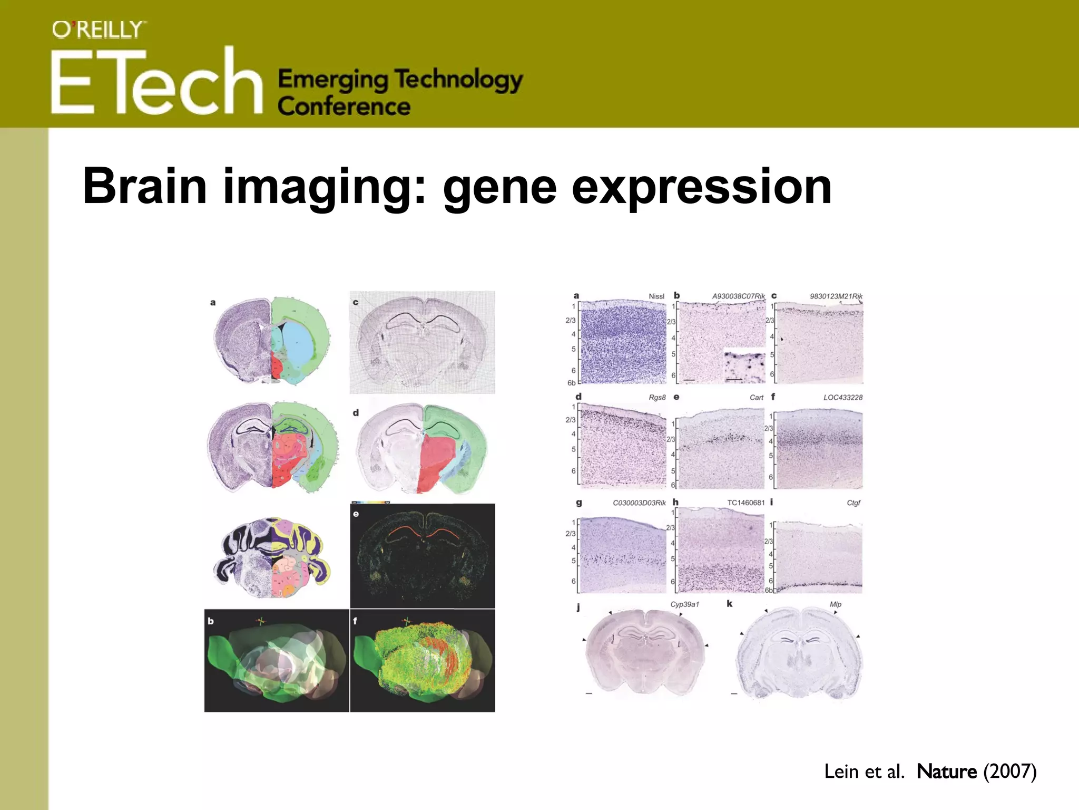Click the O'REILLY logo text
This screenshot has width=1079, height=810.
[x=98, y=30]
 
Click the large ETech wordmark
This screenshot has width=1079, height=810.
[x=157, y=82]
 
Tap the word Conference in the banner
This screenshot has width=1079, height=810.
[x=344, y=107]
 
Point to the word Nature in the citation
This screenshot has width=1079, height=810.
[x=946, y=772]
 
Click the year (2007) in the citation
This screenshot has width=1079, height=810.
[x=1009, y=772]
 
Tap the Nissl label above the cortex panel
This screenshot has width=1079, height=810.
[x=656, y=296]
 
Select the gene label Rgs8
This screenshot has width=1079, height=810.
[x=657, y=398]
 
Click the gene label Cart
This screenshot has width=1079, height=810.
[x=756, y=398]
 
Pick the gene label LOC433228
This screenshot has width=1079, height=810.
[x=843, y=398]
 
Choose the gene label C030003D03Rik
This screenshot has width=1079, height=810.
[x=639, y=503]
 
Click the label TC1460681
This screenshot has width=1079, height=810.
[x=746, y=503]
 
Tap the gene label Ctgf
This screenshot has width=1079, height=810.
[x=854, y=503]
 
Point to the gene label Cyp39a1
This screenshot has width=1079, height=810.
[x=684, y=604]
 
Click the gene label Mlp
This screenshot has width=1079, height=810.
[x=835, y=604]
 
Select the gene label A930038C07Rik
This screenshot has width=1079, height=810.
[x=738, y=296]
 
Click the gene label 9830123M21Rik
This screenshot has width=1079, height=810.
[x=836, y=296]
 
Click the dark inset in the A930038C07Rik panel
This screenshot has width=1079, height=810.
[x=744, y=366]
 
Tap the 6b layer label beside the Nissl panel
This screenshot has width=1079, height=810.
[x=571, y=383]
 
